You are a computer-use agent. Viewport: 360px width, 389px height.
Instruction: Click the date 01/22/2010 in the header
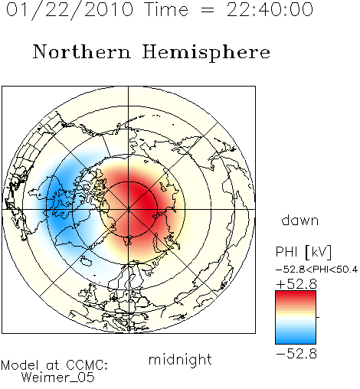point(70,10)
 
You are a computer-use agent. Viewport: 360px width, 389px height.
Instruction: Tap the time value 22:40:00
point(270,9)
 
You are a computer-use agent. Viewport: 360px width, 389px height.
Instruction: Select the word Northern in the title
point(82,51)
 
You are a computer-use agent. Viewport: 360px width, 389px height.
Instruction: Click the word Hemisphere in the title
point(206,53)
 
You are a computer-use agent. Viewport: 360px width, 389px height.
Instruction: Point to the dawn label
point(300,221)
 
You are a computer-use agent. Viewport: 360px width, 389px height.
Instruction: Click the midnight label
point(180,360)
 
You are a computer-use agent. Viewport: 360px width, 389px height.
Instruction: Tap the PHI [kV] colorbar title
point(303,252)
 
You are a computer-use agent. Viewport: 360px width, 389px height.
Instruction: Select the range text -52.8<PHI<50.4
point(316,270)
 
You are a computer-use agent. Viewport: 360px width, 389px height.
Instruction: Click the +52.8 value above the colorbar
point(296,284)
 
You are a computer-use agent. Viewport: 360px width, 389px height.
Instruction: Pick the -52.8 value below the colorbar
point(296,354)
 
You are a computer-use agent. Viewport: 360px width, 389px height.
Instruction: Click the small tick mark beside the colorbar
point(318,317)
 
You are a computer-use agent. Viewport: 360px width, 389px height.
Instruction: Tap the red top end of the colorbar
point(296,293)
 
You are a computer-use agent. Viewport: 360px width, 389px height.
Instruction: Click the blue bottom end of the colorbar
point(296,342)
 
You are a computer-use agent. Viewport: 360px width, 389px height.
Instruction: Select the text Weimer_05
point(58,378)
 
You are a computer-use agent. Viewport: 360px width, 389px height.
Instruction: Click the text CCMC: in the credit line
point(87,365)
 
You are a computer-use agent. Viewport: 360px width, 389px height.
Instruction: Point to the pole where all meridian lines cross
point(129,210)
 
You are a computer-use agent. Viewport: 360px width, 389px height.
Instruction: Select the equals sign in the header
point(208,11)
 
